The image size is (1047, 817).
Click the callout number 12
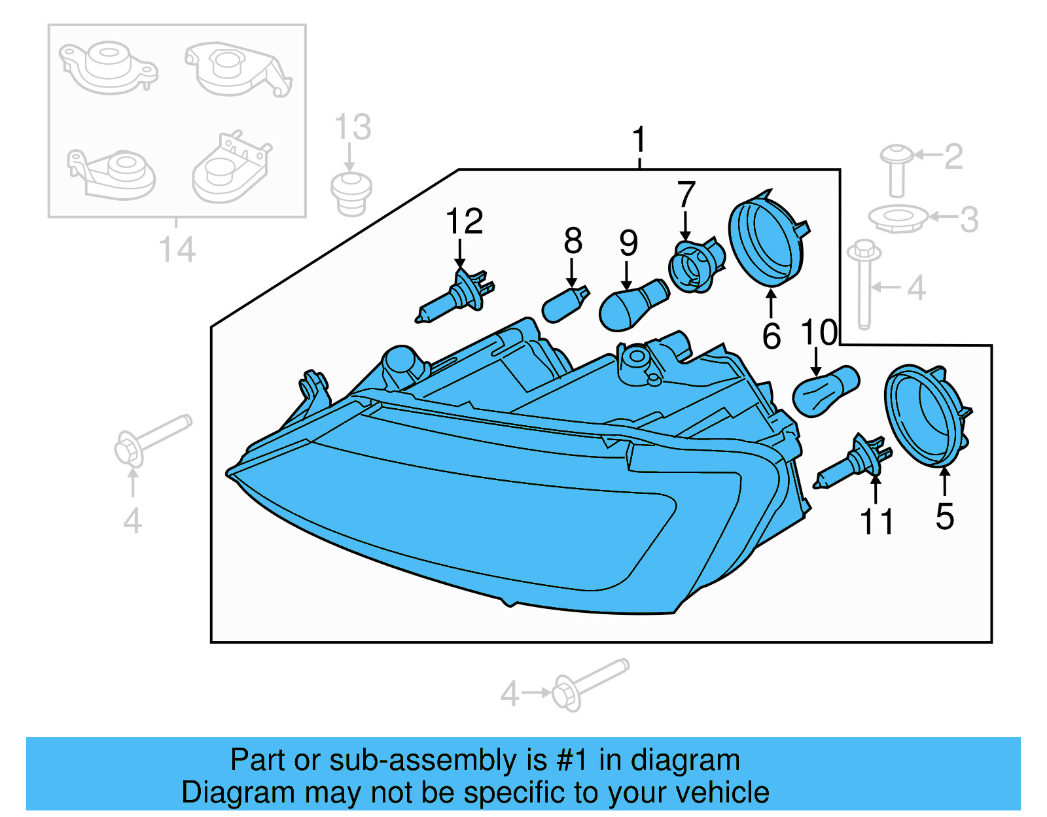pos(464,221)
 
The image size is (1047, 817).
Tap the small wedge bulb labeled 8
pos(564,305)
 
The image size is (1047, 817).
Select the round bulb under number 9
pos(632,305)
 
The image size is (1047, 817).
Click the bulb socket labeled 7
pos(695,267)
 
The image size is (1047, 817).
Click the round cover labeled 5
pos(925,416)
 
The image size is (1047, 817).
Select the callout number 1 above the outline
pos(639,140)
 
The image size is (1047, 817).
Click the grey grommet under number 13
pos(351,194)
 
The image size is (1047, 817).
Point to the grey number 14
pos(177,250)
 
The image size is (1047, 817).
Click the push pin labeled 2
pos(896,169)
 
